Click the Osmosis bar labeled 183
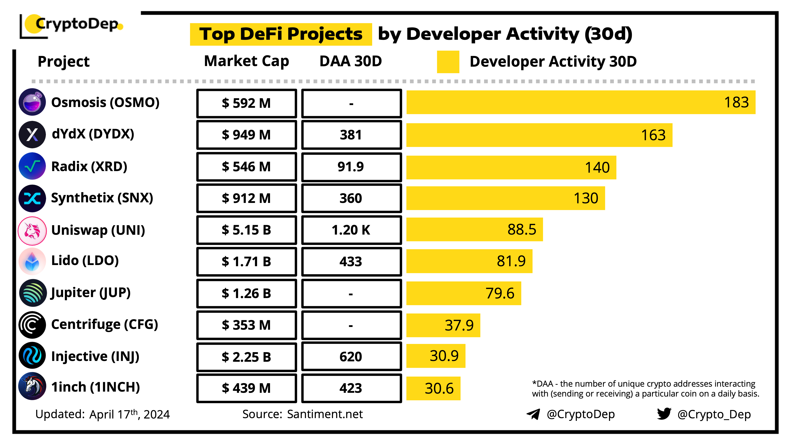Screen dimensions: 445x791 [x=580, y=102]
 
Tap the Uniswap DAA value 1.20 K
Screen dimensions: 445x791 [x=351, y=230]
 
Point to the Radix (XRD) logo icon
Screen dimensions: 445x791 [x=32, y=166]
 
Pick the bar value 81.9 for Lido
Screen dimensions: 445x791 [x=511, y=261]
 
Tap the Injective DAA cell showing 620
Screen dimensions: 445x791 [x=351, y=357]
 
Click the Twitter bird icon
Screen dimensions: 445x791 [x=664, y=414]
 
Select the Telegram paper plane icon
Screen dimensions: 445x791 [x=533, y=414]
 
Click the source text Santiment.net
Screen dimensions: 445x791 [x=325, y=414]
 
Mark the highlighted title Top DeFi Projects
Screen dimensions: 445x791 [x=281, y=34]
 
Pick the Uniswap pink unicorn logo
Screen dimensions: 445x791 [x=32, y=230]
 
